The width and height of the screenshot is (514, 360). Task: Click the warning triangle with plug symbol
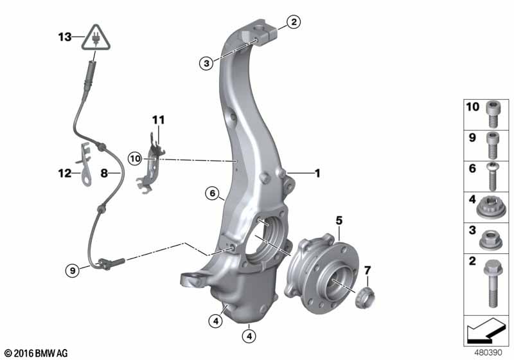pos(96,38)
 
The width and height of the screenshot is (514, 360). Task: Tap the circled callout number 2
pos(294,22)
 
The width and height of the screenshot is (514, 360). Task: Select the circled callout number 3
pos(206,63)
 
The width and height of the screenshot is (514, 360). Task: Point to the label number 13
pos(65,37)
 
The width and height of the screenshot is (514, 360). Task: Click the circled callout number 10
pos(135,159)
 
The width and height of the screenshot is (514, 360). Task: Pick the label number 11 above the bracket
pos(159,120)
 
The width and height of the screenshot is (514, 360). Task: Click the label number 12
pos(65,173)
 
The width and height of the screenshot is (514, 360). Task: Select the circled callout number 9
pos(73,271)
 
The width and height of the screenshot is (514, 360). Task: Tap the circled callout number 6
pos(213,194)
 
